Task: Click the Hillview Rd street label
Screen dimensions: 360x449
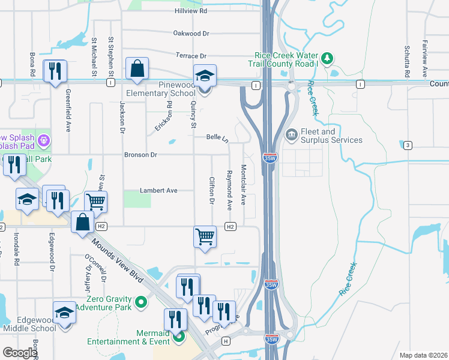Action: coord(191,11)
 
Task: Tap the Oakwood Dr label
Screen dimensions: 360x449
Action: coord(191,34)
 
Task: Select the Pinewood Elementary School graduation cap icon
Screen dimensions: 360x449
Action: coord(205,76)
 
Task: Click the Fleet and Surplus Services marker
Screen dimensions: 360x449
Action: coord(292,133)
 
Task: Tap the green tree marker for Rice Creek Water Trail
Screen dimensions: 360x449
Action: coord(327,58)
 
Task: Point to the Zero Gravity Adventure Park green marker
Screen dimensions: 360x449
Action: coord(141,302)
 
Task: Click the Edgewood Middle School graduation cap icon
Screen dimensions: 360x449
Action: coord(64,313)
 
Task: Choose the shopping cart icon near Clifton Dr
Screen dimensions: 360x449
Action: coord(205,236)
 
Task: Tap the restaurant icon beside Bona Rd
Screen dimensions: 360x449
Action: coord(55,71)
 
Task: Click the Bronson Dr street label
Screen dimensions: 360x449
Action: coord(140,155)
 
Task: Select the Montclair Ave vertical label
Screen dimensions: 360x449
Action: coord(244,185)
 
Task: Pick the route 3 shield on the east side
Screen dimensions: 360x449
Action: coord(408,145)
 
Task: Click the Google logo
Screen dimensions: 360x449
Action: coord(19,353)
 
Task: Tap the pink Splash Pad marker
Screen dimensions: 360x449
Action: coord(43,140)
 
